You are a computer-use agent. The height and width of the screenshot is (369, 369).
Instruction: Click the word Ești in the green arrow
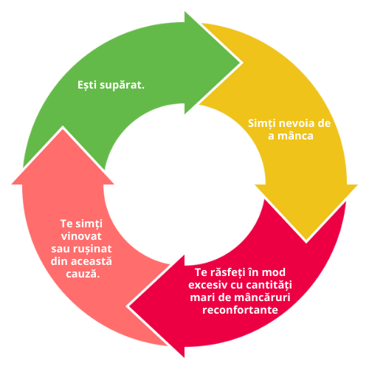[87, 86]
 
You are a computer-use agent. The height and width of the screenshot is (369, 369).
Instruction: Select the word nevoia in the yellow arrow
[297, 123]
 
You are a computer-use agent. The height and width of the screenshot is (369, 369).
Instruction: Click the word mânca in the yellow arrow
[295, 136]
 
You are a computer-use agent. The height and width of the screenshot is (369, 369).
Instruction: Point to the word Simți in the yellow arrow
[261, 124]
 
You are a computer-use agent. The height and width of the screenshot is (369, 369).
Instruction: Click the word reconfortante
[240, 310]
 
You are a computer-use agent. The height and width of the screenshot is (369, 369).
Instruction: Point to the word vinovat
[81, 236]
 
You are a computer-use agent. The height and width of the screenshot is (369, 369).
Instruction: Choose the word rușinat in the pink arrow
[93, 249]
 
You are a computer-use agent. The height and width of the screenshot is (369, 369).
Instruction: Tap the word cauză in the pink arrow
[81, 274]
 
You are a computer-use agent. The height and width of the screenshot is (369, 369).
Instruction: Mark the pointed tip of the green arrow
[240, 63]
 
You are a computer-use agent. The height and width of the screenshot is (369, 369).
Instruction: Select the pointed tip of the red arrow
[129, 306]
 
